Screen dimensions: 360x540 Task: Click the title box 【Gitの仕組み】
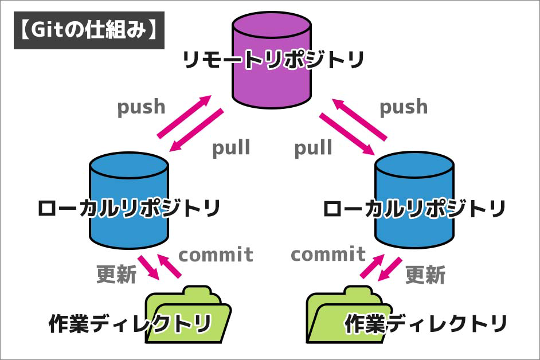89,30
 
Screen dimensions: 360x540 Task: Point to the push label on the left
141,107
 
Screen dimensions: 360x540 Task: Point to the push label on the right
404,107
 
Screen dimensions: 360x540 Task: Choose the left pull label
231,148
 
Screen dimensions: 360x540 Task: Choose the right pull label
313,148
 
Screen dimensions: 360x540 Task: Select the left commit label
216,254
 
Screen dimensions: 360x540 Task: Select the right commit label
328,254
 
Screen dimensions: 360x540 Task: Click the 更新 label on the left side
116,275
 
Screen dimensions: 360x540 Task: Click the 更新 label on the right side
425,275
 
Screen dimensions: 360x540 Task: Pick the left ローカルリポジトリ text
128,208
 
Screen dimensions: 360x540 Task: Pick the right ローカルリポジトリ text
414,208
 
